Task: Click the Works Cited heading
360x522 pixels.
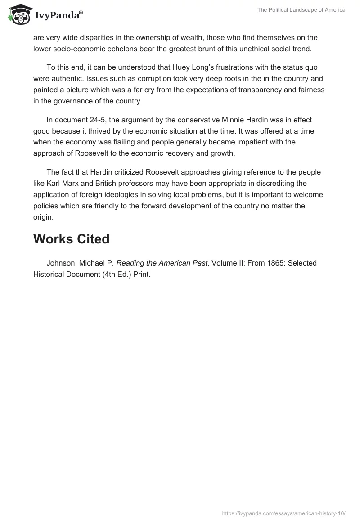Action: pos(71,239)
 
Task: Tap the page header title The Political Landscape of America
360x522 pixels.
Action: pos(301,10)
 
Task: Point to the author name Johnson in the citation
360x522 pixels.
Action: pos(61,263)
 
